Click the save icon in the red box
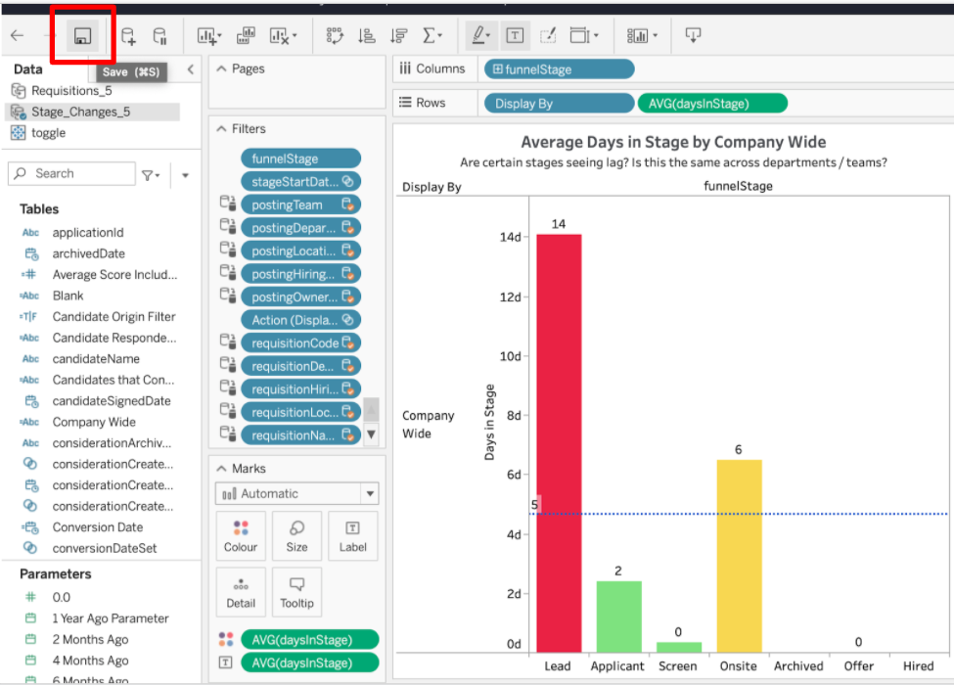pos(83,36)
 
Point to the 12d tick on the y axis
pos(510,297)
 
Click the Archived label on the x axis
pos(798,666)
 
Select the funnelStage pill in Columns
pos(559,69)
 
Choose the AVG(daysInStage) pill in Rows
pos(712,104)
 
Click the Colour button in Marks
pos(241,536)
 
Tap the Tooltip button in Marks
pos(296,592)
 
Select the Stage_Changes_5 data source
pos(80,112)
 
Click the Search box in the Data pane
pos(72,174)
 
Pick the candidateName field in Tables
pos(96,359)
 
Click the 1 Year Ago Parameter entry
pos(111,618)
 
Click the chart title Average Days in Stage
pos(673,142)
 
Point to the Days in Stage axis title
pos(489,423)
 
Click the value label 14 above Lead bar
pos(559,224)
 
